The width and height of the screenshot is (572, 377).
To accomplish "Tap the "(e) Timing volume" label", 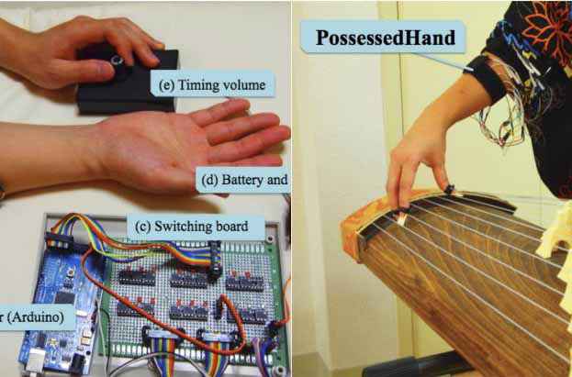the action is pos(212,84).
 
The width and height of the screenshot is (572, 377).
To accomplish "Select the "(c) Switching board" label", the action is pos(192,226).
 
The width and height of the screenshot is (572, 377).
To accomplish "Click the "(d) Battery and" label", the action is pos(243,180).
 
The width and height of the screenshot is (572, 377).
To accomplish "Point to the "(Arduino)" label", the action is pos(36,316).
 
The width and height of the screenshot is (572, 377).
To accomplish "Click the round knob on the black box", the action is pos(118,60).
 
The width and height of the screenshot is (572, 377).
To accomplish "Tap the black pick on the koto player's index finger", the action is pos(449,190).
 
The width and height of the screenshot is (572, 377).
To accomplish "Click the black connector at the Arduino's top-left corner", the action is pos(59,240).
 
